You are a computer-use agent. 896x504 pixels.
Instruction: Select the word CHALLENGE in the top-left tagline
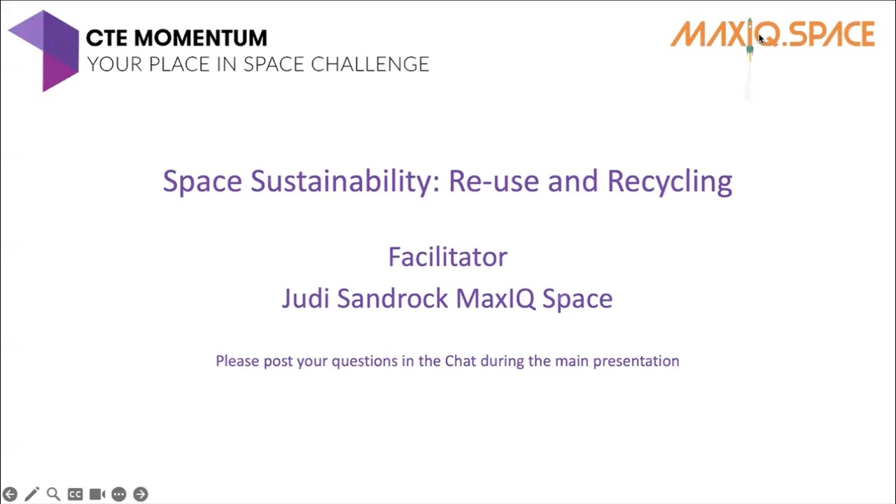[370, 64]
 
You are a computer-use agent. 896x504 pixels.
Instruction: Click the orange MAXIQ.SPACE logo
[773, 34]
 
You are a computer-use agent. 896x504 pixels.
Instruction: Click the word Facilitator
[447, 257]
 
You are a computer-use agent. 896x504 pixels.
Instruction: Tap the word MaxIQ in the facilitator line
[495, 299]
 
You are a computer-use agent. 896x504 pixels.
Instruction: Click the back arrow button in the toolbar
[10, 494]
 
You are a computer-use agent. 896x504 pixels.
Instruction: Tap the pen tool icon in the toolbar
[31, 494]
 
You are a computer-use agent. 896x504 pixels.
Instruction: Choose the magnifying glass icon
[53, 494]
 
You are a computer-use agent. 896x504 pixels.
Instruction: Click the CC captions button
[75, 494]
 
